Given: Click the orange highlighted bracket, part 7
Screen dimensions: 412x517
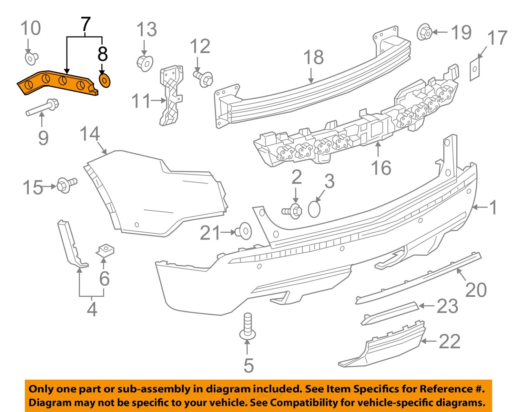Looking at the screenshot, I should point(55,83).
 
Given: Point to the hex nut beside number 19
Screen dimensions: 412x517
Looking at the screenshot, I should point(425,33).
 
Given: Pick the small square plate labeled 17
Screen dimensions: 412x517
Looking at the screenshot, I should point(475,70).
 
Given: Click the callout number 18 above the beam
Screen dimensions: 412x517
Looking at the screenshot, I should point(314,57).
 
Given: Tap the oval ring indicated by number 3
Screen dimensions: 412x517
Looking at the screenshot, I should point(314,209).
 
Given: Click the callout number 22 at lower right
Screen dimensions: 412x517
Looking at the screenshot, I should point(449,341).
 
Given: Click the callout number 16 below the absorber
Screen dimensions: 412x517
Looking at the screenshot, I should point(381,168).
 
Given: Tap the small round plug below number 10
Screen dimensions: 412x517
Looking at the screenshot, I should point(31,58).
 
